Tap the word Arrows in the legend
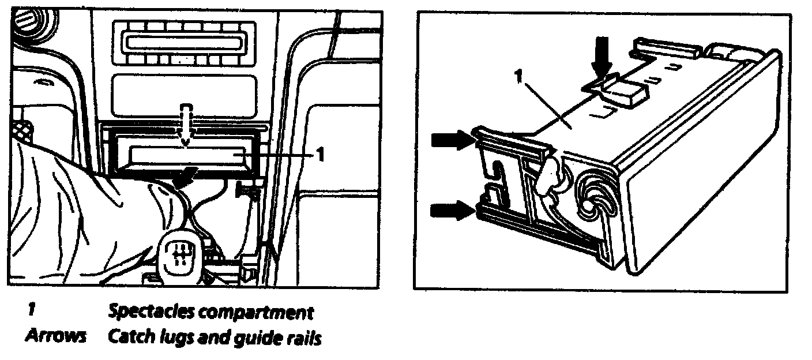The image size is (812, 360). click(55, 336)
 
